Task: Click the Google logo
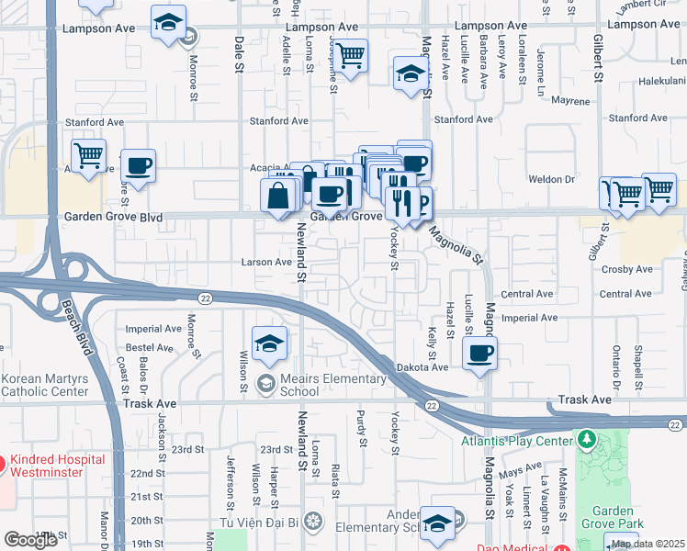pos(30,540)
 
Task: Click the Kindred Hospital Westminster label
pos(61,465)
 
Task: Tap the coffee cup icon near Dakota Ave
pos(479,351)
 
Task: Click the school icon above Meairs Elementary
pos(267,343)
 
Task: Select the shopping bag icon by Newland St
pos(280,196)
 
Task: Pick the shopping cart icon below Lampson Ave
pos(350,56)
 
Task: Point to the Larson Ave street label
pos(266,262)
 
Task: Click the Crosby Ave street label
pos(625,269)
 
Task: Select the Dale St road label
pos(240,54)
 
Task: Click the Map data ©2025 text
pos(648,544)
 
